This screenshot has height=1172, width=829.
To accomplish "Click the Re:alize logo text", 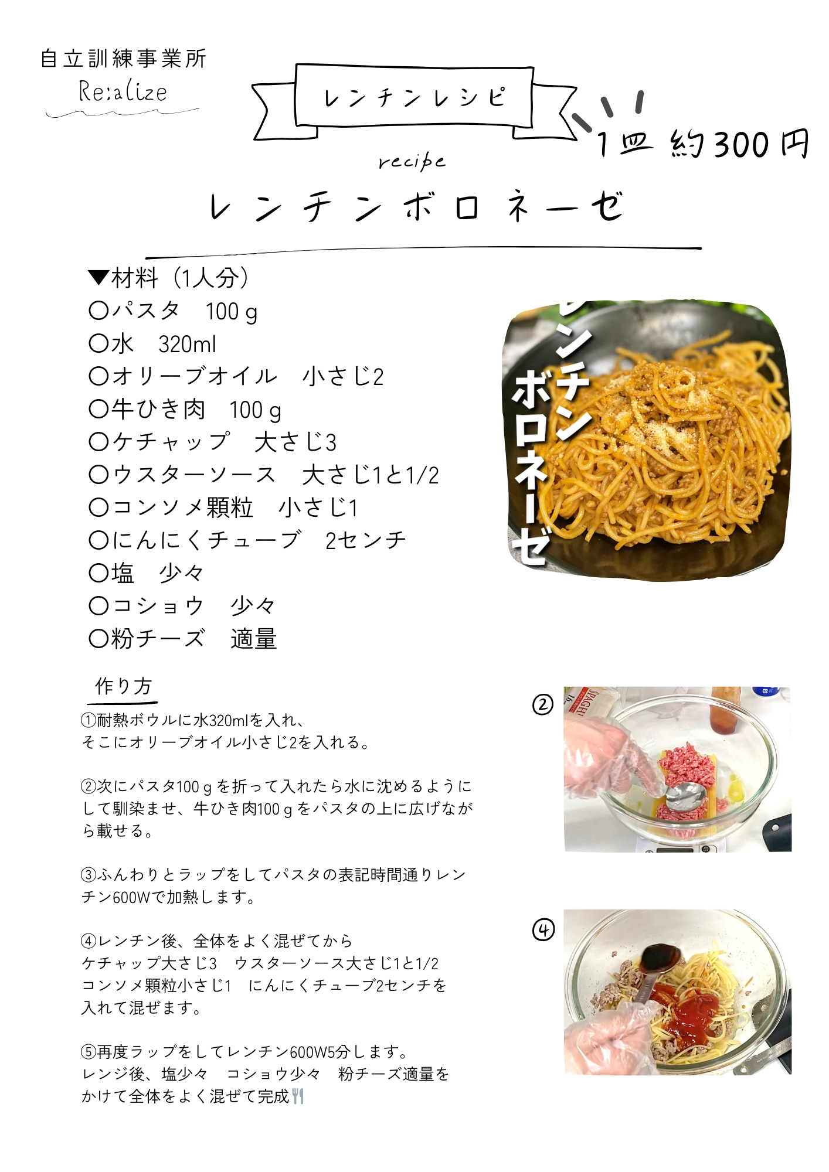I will coord(123,91).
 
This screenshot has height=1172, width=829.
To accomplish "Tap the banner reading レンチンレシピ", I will coord(414,97).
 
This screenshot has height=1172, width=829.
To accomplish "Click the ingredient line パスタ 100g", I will coord(174,311).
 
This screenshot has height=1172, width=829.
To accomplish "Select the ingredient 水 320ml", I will coord(152,344).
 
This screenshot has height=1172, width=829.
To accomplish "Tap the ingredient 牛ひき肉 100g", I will coord(185,410).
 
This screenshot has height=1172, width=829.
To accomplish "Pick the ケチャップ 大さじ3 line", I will coord(213,442).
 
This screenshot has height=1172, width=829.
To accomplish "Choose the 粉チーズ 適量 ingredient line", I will coord(182,639).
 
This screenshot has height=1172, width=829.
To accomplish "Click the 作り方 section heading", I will coord(123,686).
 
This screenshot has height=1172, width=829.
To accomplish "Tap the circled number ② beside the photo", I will coord(542,704).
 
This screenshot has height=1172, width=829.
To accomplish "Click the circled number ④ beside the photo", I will coord(543,929).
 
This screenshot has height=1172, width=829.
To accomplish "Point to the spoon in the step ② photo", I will coord(686,797).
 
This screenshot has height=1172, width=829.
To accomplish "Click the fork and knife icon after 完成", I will coord(298,1096).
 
